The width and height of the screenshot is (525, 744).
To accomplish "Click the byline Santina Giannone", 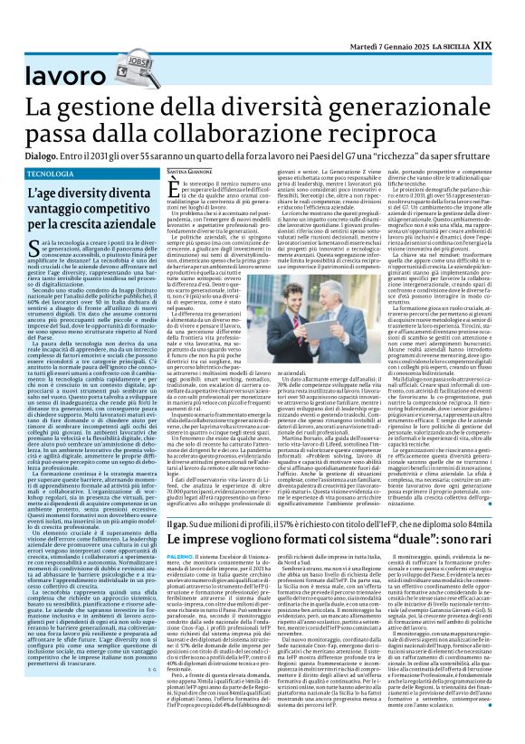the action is click(x=190, y=172).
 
